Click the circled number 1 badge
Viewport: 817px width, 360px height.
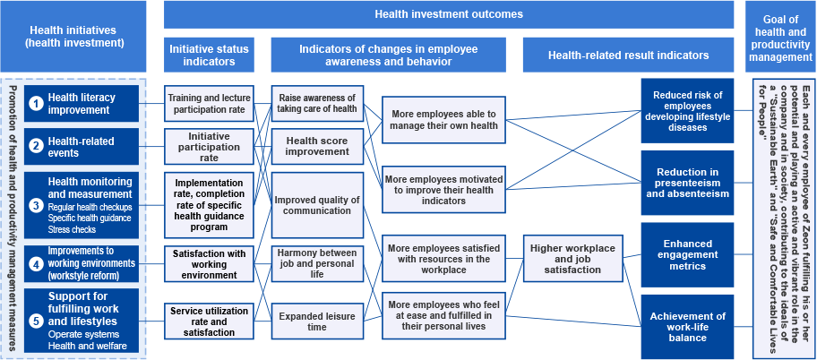pyautogui.click(x=36, y=103)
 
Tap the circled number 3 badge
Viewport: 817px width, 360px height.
pyautogui.click(x=36, y=205)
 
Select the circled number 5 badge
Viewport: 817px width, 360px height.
pyautogui.click(x=36, y=321)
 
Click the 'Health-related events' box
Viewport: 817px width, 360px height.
pyautogui.click(x=82, y=147)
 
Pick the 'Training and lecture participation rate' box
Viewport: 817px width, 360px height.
pyautogui.click(x=209, y=103)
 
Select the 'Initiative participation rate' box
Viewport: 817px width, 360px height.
pyautogui.click(x=209, y=147)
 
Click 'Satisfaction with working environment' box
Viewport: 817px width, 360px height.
pyautogui.click(x=209, y=264)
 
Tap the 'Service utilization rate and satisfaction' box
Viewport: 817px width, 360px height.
pyautogui.click(x=209, y=321)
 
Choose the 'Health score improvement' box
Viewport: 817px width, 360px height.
pyautogui.click(x=317, y=146)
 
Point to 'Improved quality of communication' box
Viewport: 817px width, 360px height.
pyautogui.click(x=317, y=205)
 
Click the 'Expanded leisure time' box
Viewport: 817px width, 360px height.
pyautogui.click(x=317, y=321)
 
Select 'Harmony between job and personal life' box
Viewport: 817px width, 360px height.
pyautogui.click(x=317, y=264)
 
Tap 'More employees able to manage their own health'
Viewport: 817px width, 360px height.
pyautogui.click(x=444, y=119)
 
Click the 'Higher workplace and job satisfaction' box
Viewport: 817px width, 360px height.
pyautogui.click(x=572, y=259)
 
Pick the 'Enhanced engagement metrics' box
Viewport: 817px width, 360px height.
pyautogui.click(x=688, y=254)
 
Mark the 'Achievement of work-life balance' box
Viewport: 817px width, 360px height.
pyautogui.click(x=688, y=327)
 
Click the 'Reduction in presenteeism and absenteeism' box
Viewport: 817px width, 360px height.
pyautogui.click(x=688, y=183)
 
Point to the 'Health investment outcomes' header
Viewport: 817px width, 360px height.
pyautogui.click(x=449, y=14)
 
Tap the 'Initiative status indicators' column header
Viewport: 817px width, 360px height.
pyautogui.click(x=209, y=55)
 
